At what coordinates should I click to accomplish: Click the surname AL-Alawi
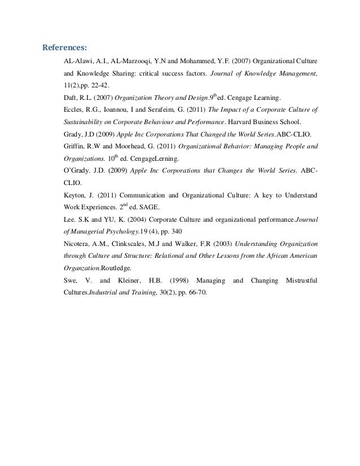78,60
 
